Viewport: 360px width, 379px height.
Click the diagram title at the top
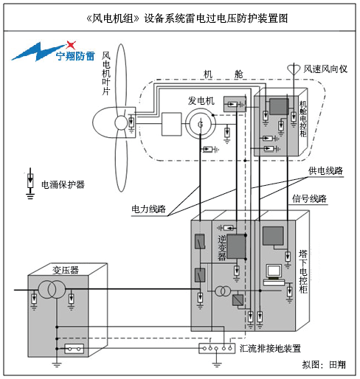[187, 18]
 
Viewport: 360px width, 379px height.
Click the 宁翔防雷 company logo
[53, 52]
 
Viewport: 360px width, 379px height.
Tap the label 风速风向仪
[325, 69]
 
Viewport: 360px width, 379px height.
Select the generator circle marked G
[201, 124]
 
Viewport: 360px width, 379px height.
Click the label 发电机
[201, 100]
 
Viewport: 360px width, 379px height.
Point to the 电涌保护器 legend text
[63, 184]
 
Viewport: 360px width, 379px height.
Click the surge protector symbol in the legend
[30, 184]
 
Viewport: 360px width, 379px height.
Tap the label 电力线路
[149, 209]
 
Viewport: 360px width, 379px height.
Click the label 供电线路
[325, 170]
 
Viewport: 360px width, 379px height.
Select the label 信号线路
[309, 198]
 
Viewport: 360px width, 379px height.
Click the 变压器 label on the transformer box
[66, 270]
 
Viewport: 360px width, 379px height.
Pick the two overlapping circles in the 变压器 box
[52, 290]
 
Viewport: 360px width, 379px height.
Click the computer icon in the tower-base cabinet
[274, 275]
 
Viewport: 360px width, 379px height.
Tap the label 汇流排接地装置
[270, 348]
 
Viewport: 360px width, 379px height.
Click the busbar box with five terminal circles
[217, 348]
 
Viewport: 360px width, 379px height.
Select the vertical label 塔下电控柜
[303, 271]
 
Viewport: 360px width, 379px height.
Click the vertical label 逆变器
[222, 248]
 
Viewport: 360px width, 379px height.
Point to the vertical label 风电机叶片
[106, 73]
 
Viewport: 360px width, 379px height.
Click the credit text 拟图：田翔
[324, 364]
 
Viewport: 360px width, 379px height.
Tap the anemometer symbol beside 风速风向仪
[294, 69]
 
